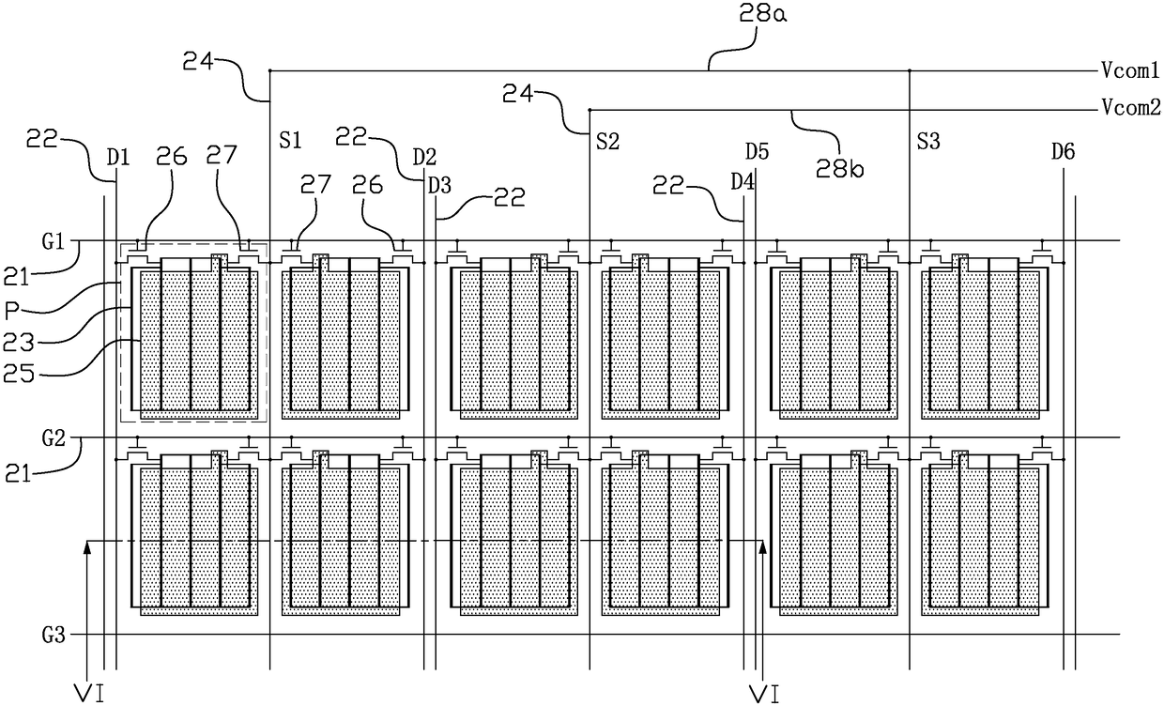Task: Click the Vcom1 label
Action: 1129,70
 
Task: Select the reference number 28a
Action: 763,14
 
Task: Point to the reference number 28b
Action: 840,168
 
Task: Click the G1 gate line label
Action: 53,241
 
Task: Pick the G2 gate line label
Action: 53,438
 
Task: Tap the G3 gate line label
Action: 53,636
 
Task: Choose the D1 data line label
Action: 118,157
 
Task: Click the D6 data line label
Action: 1064,152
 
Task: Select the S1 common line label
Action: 290,141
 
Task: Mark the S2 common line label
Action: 608,142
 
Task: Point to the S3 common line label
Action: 928,142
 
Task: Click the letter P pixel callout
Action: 12,311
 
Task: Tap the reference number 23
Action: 19,343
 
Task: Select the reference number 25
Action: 19,374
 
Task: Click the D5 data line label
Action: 757,152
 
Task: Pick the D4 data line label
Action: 743,182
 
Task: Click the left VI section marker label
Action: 89,694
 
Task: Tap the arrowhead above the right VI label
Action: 763,547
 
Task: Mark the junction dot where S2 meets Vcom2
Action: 590,110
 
